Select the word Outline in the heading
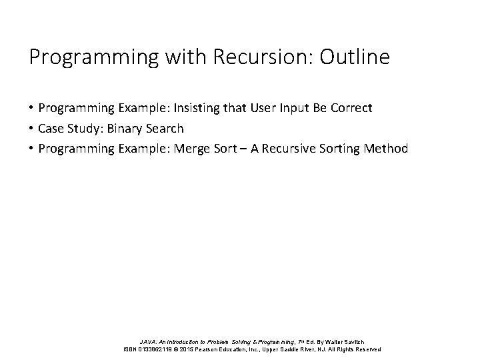(x=354, y=57)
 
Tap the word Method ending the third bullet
(x=385, y=149)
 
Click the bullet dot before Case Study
(x=32, y=128)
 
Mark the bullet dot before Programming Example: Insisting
(x=32, y=107)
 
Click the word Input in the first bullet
(x=289, y=107)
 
